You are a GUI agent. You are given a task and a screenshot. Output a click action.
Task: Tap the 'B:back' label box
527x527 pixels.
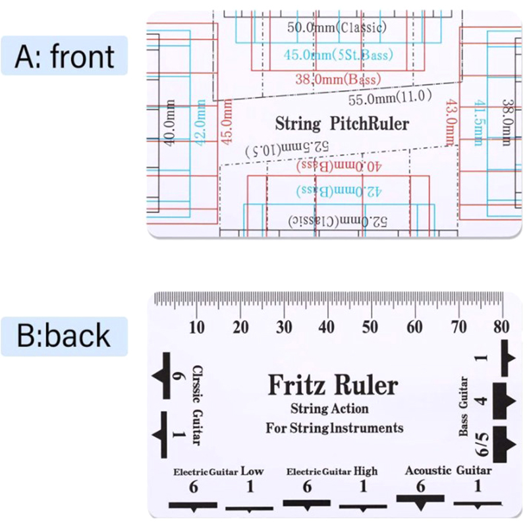[64, 336]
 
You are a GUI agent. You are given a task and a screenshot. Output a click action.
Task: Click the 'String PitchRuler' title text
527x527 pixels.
[342, 124]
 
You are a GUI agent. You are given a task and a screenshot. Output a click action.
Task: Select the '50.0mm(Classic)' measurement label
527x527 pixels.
[337, 27]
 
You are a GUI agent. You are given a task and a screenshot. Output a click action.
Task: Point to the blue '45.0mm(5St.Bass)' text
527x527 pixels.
[338, 55]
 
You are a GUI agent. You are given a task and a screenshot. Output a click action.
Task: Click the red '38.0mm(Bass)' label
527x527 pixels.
[338, 79]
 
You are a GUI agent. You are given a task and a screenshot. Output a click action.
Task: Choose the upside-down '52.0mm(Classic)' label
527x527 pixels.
[337, 221]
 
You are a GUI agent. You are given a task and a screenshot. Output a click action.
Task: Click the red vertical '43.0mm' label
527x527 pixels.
[451, 123]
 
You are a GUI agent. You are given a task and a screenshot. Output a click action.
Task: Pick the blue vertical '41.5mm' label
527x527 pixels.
[480, 123]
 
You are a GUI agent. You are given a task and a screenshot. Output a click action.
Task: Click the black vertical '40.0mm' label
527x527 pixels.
[170, 123]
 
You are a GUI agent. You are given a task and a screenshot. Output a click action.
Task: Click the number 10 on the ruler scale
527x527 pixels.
[196, 327]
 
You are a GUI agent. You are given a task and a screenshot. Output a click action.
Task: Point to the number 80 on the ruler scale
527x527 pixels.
[502, 327]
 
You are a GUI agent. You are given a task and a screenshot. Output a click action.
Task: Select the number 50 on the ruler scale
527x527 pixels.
[371, 327]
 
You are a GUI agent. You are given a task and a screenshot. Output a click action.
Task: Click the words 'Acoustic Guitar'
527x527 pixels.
[448, 470]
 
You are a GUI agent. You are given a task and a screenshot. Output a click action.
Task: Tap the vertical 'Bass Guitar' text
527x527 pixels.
[464, 406]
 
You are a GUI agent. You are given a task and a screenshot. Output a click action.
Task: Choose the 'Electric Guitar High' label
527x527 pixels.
[332, 471]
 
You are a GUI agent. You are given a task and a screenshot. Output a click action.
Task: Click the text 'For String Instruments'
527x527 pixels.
[335, 428]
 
